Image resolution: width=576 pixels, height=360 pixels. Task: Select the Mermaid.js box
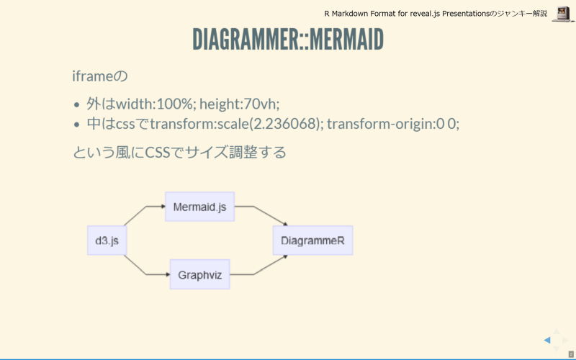pyautogui.click(x=199, y=207)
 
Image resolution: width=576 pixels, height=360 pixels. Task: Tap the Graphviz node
pyautogui.click(x=199, y=274)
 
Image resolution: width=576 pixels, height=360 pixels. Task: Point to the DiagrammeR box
pyautogui.click(x=312, y=240)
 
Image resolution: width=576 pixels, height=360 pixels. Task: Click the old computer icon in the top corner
pyautogui.click(x=562, y=13)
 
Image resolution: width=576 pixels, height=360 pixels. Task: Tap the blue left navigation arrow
pyautogui.click(x=547, y=340)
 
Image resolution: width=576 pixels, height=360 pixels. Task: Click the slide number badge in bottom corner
pyautogui.click(x=570, y=354)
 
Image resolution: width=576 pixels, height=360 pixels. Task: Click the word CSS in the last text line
pyautogui.click(x=158, y=153)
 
